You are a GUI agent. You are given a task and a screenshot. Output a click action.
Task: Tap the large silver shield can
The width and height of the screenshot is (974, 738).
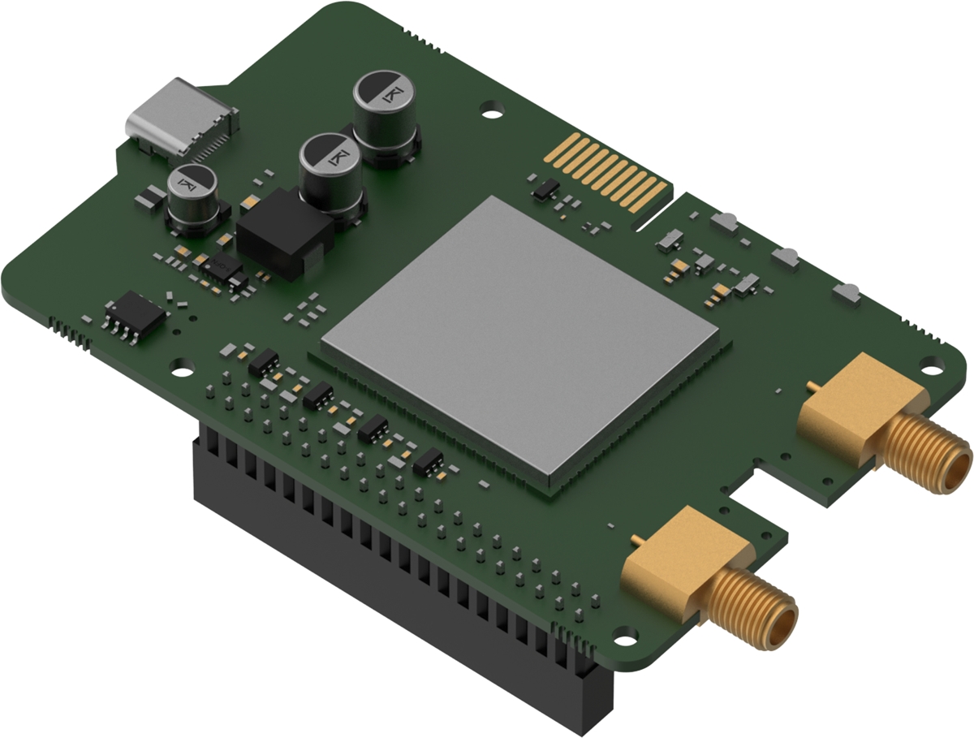click(520, 337)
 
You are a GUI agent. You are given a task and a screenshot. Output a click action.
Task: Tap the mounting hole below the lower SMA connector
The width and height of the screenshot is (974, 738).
click(628, 634)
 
